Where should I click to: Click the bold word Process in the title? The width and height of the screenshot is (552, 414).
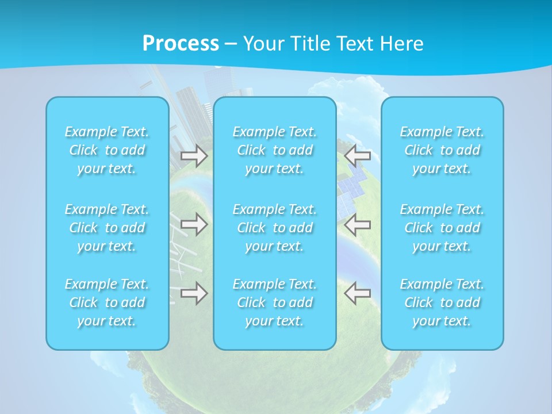pos(181,43)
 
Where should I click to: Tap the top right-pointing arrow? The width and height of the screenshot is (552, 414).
pos(194,155)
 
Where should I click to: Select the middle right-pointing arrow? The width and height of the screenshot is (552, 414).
pos(194,224)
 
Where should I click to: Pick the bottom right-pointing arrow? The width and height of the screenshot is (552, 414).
pos(194,293)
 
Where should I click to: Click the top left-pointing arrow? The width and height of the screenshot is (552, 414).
pos(358,154)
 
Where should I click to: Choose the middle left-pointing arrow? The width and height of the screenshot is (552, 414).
pos(358,224)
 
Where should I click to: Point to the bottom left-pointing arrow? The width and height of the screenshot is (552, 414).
pos(358,293)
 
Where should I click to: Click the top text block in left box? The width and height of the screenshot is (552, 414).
pos(107,150)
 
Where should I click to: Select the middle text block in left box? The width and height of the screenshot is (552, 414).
pos(107,228)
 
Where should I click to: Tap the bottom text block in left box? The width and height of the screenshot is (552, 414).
pos(107,302)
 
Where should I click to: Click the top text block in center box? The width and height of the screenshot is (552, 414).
pos(274,150)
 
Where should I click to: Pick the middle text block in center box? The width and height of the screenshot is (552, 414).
pos(274,228)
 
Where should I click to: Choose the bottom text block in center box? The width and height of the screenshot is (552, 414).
pos(274,302)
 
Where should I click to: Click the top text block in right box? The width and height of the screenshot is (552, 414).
pos(442,150)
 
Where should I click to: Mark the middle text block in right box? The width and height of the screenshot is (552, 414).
pos(442,228)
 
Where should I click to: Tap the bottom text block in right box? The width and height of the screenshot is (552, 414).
pos(442,302)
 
